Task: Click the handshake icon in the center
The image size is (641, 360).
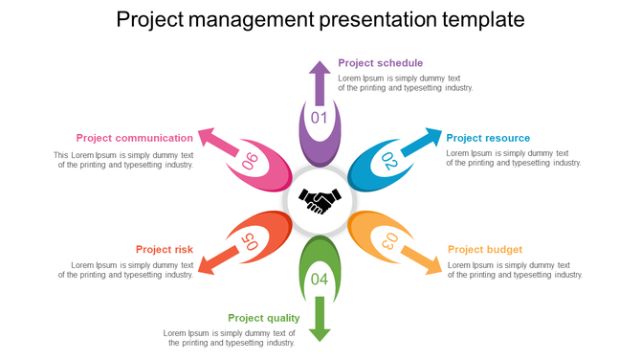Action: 320,201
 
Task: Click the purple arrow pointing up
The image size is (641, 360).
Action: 320,82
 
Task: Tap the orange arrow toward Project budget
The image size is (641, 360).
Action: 421,259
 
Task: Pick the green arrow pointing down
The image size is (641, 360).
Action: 320,319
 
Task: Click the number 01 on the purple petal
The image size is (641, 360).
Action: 320,119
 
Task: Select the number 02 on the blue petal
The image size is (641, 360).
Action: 389,161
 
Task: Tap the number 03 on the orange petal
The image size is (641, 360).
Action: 389,241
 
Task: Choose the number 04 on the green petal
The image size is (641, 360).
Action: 320,280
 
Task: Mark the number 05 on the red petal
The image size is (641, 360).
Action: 250,241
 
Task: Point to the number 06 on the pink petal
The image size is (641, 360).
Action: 250,161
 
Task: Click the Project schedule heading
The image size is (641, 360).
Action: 380,63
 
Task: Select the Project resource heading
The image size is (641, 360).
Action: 488,138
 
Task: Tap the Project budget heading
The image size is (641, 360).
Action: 485,250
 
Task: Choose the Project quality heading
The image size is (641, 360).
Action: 263,318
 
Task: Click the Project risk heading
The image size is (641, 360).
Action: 164,250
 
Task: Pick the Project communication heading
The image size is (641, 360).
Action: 135,138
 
